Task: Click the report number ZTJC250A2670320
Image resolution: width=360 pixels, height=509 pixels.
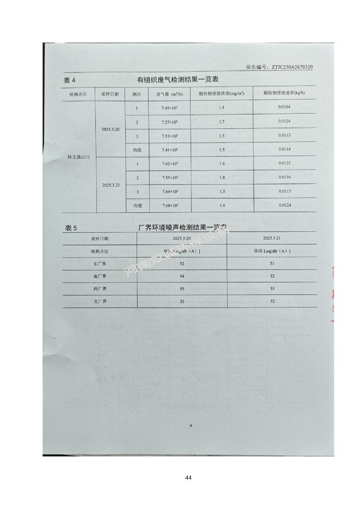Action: (x=292, y=67)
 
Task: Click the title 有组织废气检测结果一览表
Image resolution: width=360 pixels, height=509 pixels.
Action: (x=178, y=80)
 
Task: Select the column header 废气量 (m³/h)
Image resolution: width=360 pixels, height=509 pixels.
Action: (x=169, y=94)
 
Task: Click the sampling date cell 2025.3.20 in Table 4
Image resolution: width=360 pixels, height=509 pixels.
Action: (x=111, y=129)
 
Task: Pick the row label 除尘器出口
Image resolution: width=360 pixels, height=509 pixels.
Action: (x=78, y=156)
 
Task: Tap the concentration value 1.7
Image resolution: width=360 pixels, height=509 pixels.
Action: (x=222, y=122)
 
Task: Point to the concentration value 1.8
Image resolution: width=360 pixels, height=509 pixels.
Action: (x=222, y=177)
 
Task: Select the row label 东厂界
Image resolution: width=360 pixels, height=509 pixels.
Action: (x=99, y=263)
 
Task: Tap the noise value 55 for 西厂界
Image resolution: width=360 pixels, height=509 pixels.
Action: (x=182, y=289)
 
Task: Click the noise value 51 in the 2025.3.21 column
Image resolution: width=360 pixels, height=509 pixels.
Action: (x=272, y=263)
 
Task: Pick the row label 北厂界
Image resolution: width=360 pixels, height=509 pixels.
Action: (x=99, y=301)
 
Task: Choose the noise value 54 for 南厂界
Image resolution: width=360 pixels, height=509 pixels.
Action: (x=182, y=276)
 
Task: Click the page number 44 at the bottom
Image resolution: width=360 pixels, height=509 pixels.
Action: (x=188, y=478)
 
